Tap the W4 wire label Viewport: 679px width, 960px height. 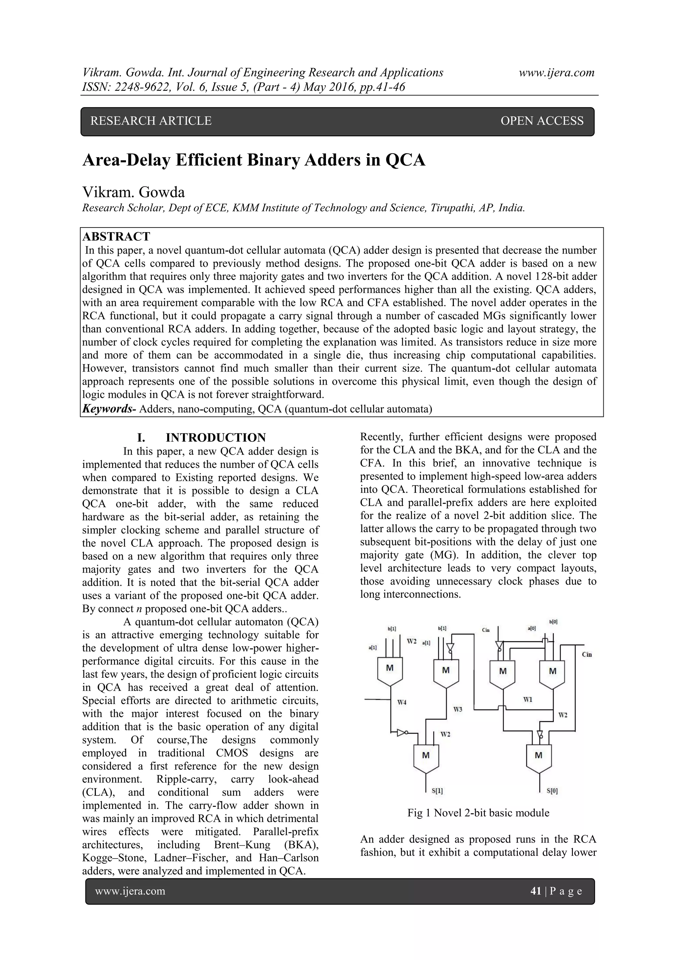pyautogui.click(x=402, y=702)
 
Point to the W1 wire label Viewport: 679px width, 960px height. pyautogui.click(x=527, y=699)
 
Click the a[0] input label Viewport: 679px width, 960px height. pyautogui.click(x=532, y=628)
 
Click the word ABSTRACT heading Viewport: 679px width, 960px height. pyautogui.click(x=116, y=237)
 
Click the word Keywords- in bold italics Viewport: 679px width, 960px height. pyautogui.click(x=109, y=409)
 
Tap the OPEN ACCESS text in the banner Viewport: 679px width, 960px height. pyautogui.click(x=541, y=121)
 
